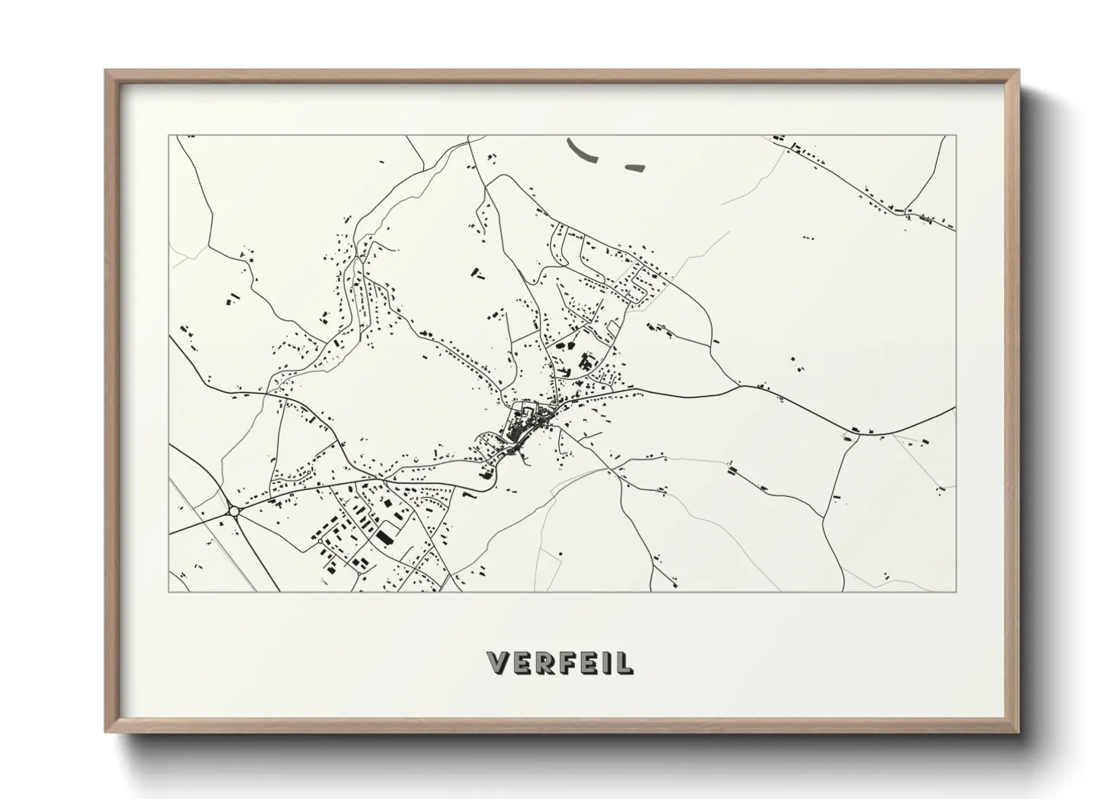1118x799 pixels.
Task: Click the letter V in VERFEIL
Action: (499, 662)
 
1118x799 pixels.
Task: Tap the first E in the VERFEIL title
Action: (522, 662)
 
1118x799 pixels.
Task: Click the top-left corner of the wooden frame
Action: (106, 71)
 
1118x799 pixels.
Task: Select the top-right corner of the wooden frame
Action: (1018, 71)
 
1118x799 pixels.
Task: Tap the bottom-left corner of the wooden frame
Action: (106, 732)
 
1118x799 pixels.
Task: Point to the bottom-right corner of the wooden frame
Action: (1018, 732)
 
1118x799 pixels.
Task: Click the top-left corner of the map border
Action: (168, 136)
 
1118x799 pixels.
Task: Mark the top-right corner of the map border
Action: (956, 136)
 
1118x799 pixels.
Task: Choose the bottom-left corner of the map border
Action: (168, 591)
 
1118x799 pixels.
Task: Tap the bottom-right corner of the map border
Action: (956, 591)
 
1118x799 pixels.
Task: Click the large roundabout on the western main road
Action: (233, 511)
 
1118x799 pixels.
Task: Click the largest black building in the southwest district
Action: (385, 537)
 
